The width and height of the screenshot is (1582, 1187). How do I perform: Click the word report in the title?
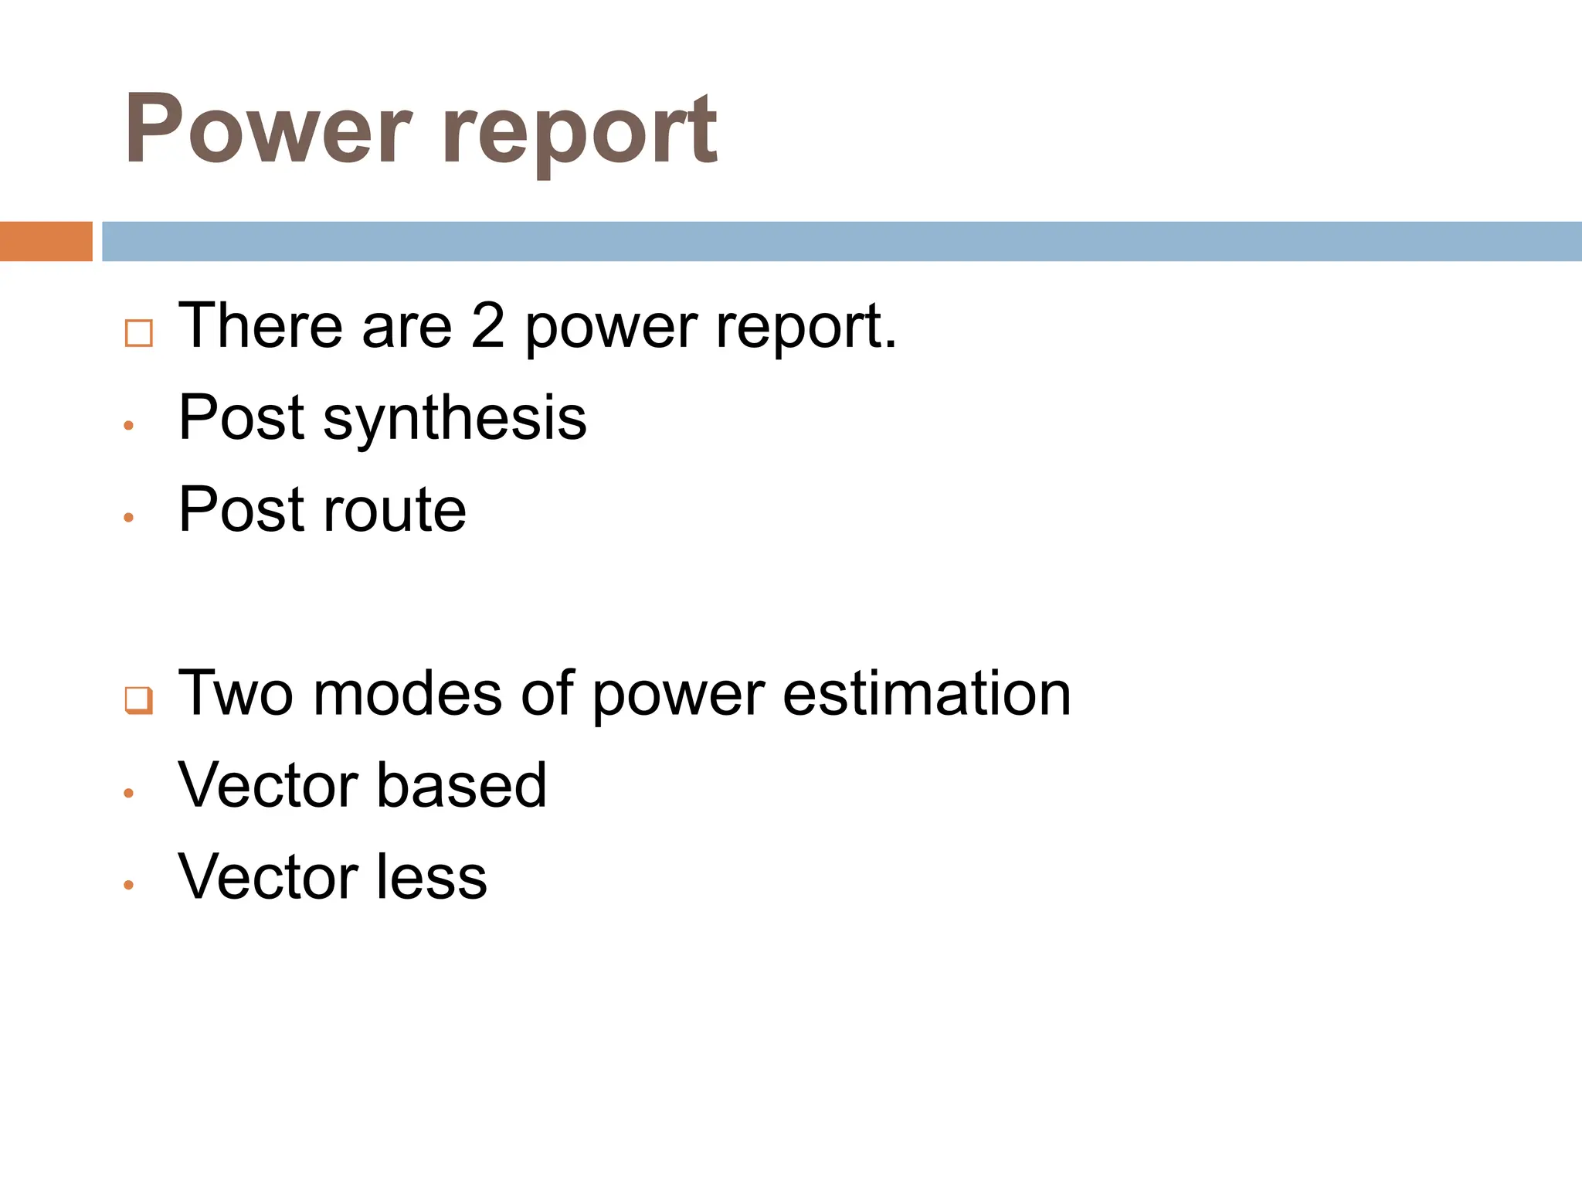click(x=580, y=133)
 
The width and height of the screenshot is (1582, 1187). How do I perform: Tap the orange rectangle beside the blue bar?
click(x=46, y=241)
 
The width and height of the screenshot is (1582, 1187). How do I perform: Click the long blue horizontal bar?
click(x=841, y=241)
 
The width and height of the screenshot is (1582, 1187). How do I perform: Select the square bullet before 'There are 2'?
click(x=139, y=333)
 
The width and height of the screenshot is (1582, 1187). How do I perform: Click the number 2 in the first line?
click(x=488, y=326)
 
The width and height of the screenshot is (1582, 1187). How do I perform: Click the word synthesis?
click(x=455, y=420)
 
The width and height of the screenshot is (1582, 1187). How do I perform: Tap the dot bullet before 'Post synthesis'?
click(x=129, y=425)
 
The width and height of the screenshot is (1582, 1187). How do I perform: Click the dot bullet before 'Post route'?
click(x=129, y=517)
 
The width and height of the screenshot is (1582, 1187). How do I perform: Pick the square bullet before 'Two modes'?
click(x=139, y=700)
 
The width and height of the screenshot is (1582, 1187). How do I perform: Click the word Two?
click(x=236, y=693)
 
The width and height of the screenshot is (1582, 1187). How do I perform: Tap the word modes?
click(x=408, y=693)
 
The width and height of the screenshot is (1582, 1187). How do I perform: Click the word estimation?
click(x=926, y=693)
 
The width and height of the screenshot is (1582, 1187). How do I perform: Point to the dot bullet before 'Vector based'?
click(x=129, y=793)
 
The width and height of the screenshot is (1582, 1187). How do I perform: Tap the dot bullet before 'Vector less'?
click(x=129, y=885)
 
